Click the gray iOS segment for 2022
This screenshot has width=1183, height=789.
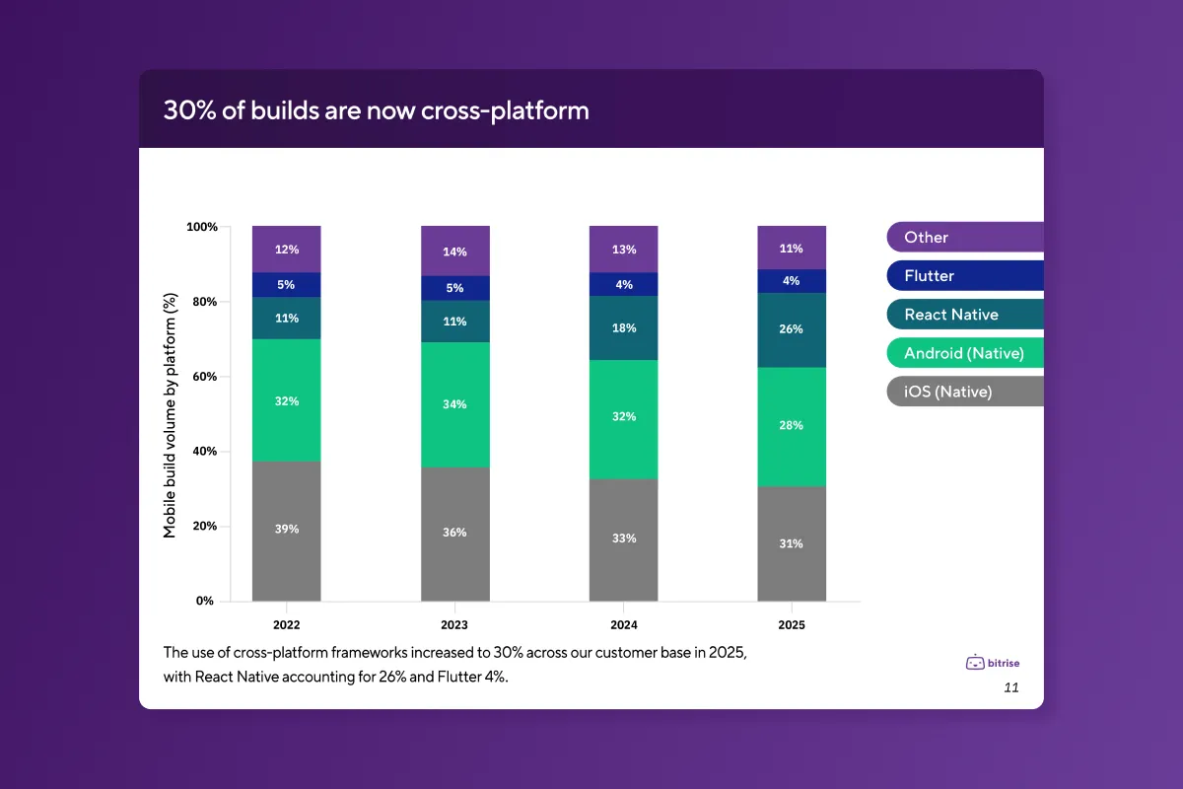click(x=286, y=531)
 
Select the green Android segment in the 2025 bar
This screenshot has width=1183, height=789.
click(x=792, y=426)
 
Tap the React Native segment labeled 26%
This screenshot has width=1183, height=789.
click(x=792, y=329)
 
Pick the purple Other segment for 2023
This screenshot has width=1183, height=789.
click(x=454, y=251)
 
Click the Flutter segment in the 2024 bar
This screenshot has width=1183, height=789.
click(x=623, y=284)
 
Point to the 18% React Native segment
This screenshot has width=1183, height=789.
click(x=623, y=327)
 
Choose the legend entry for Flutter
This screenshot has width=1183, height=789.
click(x=964, y=276)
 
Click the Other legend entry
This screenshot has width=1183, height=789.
click(x=964, y=237)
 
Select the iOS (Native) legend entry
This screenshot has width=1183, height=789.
click(x=964, y=392)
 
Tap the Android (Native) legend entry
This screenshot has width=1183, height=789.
click(x=964, y=353)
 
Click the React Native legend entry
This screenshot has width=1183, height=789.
click(x=964, y=315)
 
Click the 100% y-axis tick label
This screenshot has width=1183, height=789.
click(x=201, y=227)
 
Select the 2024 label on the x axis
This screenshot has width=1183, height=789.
click(x=623, y=625)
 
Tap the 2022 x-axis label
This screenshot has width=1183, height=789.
click(x=286, y=625)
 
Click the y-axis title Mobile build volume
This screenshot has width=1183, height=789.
click(x=170, y=414)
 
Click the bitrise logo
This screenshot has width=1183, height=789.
click(x=992, y=663)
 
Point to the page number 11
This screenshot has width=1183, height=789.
click(x=1010, y=687)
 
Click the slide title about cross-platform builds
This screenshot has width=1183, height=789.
click(x=376, y=110)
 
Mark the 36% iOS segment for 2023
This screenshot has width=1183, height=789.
click(x=454, y=533)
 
